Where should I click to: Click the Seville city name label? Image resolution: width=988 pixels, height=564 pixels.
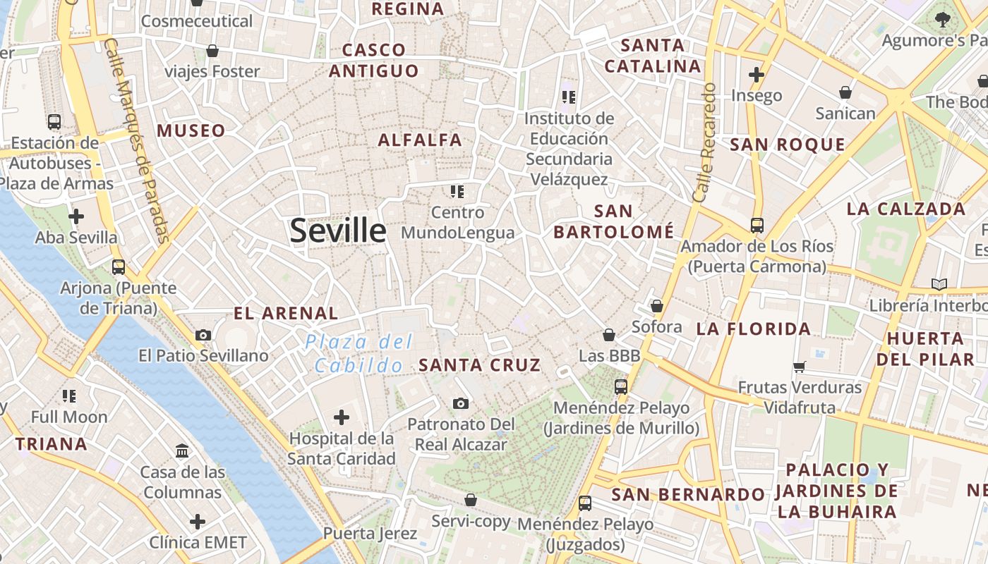click(x=338, y=231)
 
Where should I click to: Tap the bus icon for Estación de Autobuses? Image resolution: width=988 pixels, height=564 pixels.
click(x=54, y=122)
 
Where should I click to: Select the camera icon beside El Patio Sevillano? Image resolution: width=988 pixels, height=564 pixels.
click(x=203, y=335)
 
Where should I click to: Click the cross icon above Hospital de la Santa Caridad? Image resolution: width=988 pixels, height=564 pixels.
click(x=342, y=417)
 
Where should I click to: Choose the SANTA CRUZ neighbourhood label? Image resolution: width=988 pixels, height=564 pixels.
click(x=479, y=365)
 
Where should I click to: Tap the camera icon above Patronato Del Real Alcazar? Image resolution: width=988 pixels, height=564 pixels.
click(x=461, y=403)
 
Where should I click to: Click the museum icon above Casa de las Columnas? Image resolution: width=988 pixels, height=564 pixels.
click(x=182, y=450)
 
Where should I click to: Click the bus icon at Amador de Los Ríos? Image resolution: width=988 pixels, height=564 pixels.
click(x=757, y=226)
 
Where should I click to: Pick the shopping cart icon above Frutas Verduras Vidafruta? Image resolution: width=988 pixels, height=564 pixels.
click(x=800, y=367)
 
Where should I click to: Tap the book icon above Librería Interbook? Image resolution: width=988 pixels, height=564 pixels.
click(x=939, y=284)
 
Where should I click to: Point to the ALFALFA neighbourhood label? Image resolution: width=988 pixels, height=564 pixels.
click(x=420, y=140)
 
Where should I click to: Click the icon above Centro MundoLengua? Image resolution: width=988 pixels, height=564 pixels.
click(x=457, y=191)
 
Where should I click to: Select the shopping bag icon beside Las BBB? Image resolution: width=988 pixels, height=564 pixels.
click(x=609, y=335)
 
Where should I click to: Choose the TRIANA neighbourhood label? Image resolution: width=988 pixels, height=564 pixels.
click(x=52, y=444)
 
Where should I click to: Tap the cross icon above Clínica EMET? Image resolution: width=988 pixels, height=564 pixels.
click(x=198, y=522)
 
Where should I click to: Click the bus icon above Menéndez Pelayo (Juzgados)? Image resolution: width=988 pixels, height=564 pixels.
click(x=585, y=503)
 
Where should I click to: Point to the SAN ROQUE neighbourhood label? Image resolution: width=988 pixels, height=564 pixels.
click(x=788, y=145)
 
